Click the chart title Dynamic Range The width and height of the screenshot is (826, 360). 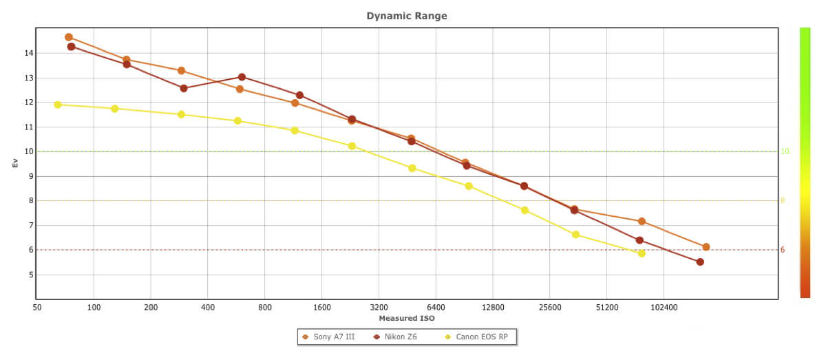click(406, 16)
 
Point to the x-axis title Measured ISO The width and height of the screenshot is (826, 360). click(406, 318)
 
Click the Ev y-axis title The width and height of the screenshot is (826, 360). click(13, 163)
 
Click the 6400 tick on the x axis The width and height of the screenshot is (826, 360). click(436, 307)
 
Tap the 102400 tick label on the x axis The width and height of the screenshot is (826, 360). click(664, 307)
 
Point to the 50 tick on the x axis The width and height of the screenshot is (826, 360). click(37, 307)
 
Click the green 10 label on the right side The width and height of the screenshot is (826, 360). click(784, 151)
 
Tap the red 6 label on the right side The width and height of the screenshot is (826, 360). click(782, 250)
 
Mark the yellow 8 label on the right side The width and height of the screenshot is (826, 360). click(782, 201)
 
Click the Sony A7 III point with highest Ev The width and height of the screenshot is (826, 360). click(69, 37)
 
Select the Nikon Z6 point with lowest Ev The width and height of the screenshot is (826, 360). click(700, 262)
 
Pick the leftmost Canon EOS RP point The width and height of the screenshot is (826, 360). click(58, 105)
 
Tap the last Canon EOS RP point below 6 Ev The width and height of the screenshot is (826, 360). click(642, 253)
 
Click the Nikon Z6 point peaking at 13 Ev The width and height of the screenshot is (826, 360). click(242, 77)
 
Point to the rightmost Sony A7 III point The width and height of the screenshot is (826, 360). click(706, 247)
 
